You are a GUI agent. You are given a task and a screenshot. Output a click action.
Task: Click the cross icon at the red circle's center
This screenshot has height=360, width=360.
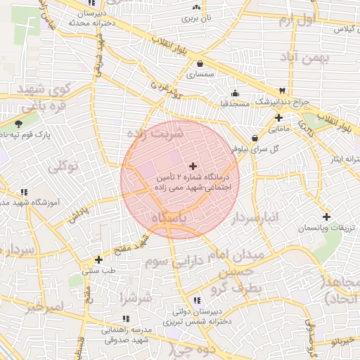(193, 166)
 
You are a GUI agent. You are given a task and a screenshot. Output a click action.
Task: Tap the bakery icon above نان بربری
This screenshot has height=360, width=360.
(196, 8)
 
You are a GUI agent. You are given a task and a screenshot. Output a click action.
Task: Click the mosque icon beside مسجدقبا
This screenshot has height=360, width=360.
(235, 93)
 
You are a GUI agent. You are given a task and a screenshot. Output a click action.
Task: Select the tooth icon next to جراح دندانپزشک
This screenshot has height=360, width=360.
(283, 91)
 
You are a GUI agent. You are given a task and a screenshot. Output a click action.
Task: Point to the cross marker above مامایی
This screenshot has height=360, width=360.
(279, 117)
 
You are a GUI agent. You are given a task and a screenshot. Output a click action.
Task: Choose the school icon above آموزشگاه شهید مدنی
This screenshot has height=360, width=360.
(25, 191)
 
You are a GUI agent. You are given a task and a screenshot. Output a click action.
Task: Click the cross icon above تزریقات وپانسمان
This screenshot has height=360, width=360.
(326, 217)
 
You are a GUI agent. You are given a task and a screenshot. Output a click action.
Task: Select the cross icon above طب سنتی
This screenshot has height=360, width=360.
(98, 259)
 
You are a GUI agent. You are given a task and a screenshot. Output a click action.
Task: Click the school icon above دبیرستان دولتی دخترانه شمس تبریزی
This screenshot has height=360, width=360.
(198, 301)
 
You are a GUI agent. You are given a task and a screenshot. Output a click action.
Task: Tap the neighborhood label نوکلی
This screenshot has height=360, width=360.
(62, 167)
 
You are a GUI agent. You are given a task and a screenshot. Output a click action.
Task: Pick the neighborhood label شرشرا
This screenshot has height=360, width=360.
(135, 297)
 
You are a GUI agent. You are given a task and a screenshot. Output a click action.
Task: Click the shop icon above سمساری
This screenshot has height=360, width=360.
(191, 63)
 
